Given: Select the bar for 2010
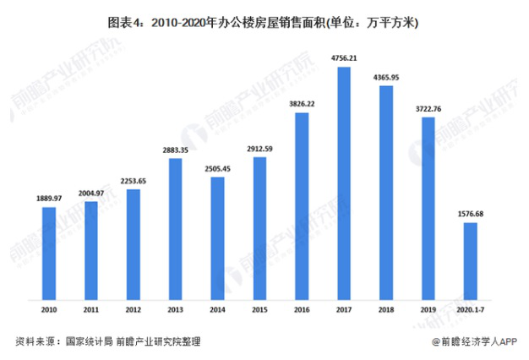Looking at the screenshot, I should [49, 253].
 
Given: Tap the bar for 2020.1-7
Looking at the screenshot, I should [471, 260].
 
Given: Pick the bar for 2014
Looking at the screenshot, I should [218, 237].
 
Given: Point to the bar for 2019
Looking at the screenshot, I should [428, 208].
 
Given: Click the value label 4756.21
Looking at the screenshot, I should [344, 58].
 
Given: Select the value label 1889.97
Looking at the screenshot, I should [49, 198].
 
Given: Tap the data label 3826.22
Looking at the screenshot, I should [302, 103].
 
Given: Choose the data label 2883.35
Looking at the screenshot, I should [176, 150].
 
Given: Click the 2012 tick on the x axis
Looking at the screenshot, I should [134, 310].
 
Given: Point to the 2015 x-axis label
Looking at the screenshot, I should [260, 310].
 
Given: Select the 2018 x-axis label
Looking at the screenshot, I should [386, 310].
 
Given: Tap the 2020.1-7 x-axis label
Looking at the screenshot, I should [471, 310].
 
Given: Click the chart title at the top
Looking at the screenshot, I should [264, 25].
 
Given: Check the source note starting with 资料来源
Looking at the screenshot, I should [108, 342].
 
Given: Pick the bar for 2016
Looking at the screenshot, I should [302, 206].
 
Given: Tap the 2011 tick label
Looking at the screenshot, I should [91, 310].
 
